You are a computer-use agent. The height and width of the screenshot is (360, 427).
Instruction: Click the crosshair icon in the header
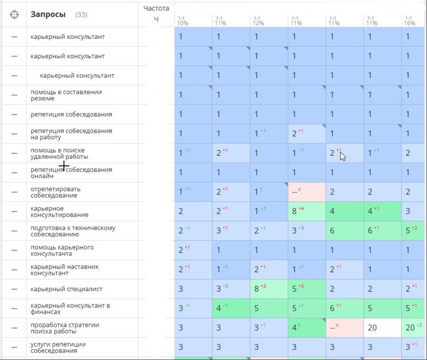14,15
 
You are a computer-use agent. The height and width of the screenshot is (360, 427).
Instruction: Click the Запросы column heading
48,15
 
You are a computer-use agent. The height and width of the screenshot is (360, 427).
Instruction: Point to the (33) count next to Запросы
81,15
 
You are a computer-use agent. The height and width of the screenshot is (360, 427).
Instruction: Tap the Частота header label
156,8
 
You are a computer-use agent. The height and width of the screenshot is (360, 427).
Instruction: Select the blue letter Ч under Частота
156,19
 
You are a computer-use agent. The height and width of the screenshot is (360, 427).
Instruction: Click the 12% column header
258,21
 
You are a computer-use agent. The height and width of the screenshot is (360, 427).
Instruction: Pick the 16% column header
410,21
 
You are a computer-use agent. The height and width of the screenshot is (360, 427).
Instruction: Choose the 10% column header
182,21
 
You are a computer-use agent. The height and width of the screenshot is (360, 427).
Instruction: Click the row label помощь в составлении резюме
66,95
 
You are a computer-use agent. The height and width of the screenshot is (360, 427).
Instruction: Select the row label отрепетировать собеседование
56,192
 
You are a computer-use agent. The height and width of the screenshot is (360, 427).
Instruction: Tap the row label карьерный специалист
66,289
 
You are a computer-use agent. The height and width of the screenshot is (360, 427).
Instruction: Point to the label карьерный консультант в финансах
70,308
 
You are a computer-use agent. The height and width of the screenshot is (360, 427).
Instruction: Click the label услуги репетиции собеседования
58,347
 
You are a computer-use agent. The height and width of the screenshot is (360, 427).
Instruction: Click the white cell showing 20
382,328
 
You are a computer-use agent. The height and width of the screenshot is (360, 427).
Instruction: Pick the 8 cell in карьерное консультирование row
307,211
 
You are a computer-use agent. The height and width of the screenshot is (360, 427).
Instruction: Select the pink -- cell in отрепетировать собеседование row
307,192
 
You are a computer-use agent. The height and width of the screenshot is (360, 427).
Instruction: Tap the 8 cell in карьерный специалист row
269,289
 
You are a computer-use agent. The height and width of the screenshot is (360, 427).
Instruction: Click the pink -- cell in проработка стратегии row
345,328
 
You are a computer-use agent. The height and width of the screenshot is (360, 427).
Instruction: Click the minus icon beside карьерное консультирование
14,211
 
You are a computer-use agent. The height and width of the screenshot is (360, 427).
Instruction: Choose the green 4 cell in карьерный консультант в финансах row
231,308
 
